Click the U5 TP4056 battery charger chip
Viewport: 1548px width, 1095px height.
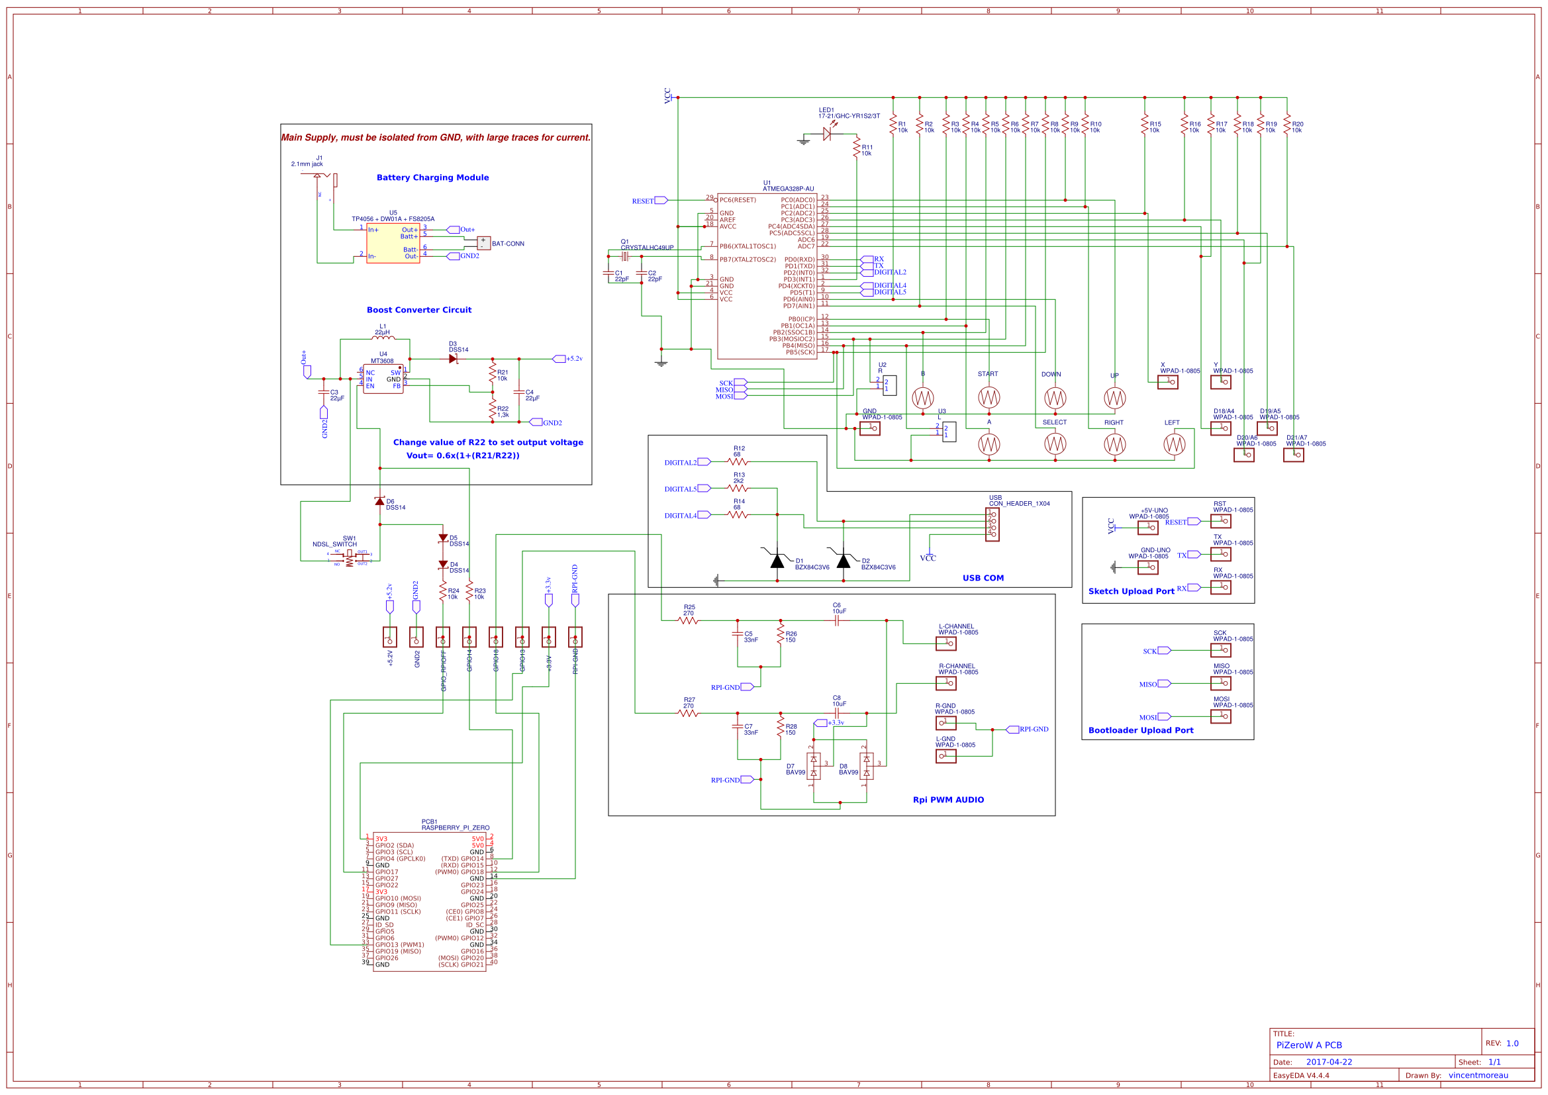point(393,244)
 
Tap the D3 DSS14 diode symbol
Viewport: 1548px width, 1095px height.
point(453,359)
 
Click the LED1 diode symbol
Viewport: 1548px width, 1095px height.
point(827,134)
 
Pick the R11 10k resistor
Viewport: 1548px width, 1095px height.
point(856,148)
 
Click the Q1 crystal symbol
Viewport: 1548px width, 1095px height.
point(625,256)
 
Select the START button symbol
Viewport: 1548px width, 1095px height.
point(989,398)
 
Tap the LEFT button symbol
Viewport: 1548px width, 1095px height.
point(1174,444)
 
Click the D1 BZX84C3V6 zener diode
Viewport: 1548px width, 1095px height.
point(777,560)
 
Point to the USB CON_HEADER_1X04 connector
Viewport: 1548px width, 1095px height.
point(992,524)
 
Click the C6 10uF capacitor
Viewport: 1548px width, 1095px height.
point(837,620)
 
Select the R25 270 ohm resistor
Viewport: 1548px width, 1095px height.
point(688,620)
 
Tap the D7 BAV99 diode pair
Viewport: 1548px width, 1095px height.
point(814,767)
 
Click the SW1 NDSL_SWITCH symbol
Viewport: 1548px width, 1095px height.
point(349,557)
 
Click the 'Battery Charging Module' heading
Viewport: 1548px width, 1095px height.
point(432,177)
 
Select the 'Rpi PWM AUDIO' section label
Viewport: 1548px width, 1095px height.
point(948,800)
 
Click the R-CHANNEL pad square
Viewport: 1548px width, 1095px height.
point(946,683)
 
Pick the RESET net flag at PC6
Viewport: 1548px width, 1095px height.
point(661,200)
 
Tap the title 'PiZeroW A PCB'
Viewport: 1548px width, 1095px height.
point(1309,1045)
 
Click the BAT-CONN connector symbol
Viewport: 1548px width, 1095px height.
point(483,243)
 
